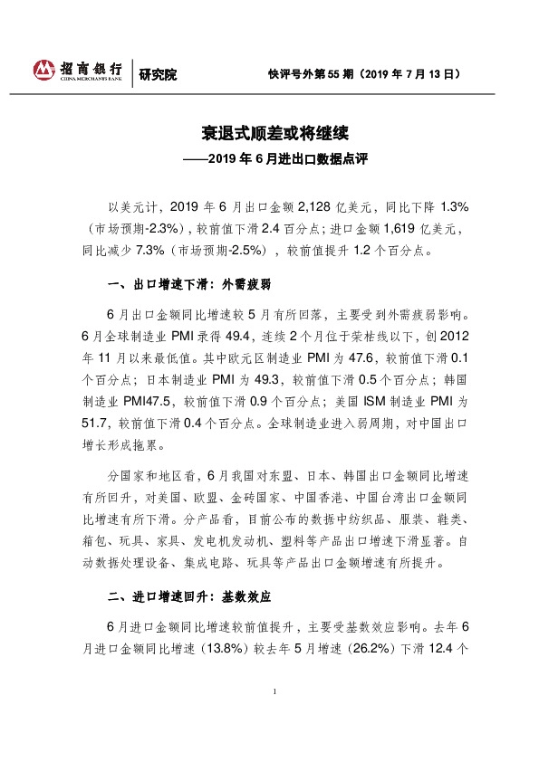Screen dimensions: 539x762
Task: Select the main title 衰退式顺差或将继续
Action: coord(268,137)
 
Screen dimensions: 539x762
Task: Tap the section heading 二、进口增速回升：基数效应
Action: coord(189,598)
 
